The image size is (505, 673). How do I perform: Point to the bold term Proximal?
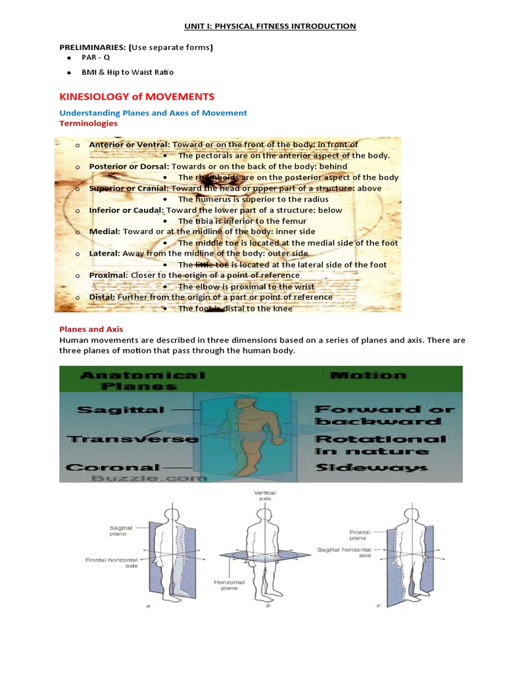[x=108, y=275]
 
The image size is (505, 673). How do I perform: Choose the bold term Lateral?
[x=105, y=253]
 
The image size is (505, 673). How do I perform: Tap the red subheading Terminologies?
[x=89, y=123]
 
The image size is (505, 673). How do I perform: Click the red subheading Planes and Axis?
[x=91, y=329]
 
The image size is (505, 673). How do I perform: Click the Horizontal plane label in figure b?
[x=229, y=585]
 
